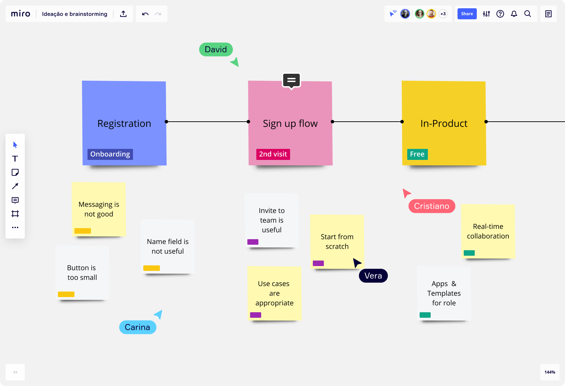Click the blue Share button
pos(467,14)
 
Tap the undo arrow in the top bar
pos(145,14)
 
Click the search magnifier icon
pos(527,14)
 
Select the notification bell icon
pos(514,14)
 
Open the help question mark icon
pos(500,14)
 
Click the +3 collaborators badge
pos(443,14)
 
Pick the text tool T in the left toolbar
pos(15,159)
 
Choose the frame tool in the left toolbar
pos(15,214)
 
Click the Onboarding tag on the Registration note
pos(110,154)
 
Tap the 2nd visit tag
pos(273,154)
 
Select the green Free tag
pos(417,154)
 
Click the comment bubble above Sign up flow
pos(291,80)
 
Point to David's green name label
pos(216,49)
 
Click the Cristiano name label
pos(432,206)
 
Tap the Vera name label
pos(373,276)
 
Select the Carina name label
pos(137,327)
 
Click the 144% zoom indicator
pos(549,372)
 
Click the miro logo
pos(21,14)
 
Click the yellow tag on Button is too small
pos(66,294)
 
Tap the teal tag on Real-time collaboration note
pos(469,253)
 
